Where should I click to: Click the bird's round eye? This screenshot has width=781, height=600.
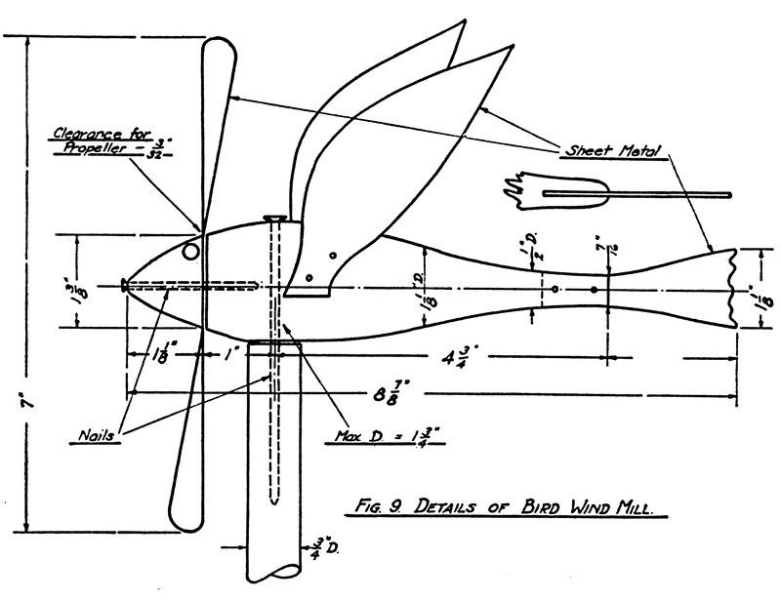pyautogui.click(x=192, y=253)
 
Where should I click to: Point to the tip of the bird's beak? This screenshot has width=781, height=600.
pyautogui.click(x=124, y=285)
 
